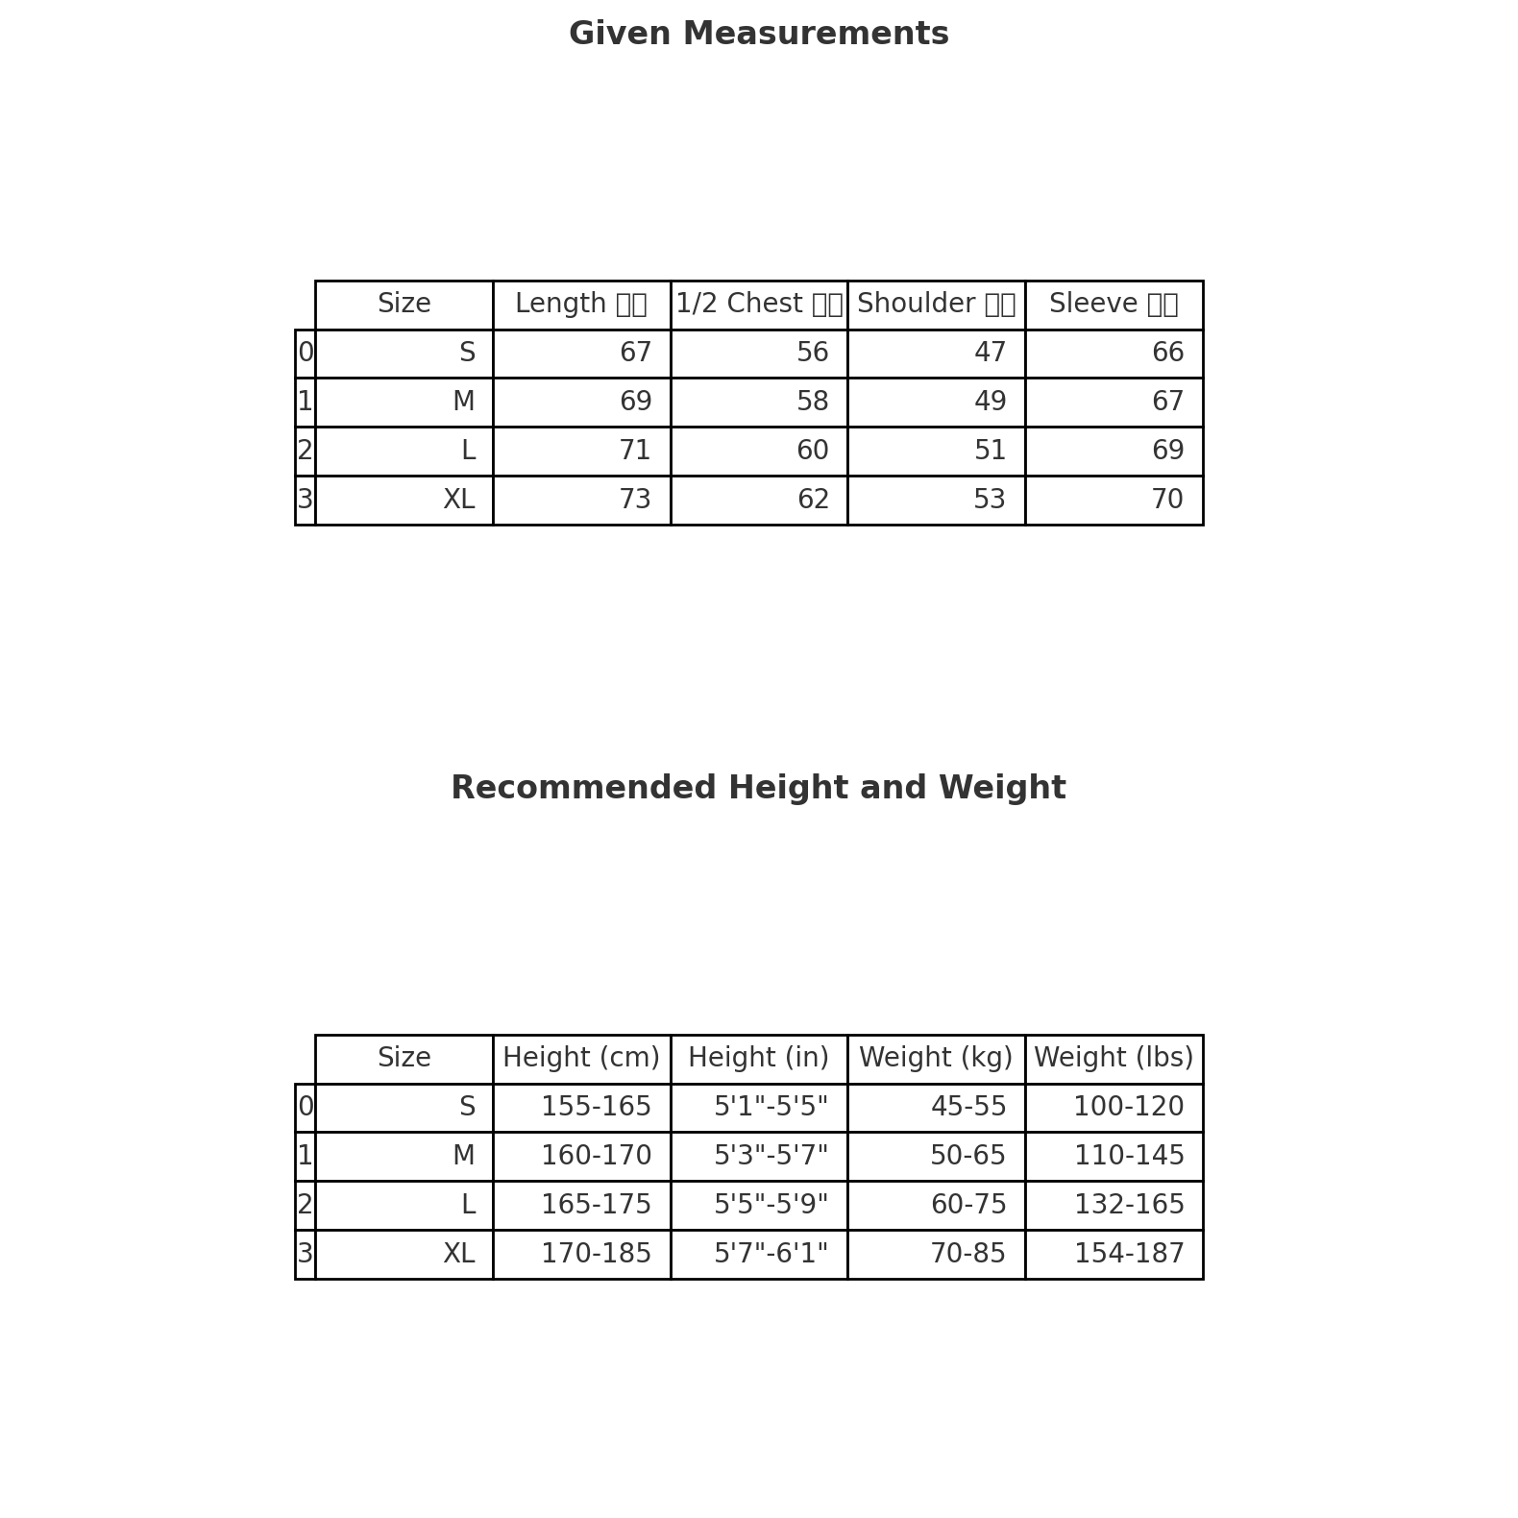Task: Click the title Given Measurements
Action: [x=758, y=35]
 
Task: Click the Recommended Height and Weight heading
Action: [x=758, y=789]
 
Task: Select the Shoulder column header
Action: [x=936, y=305]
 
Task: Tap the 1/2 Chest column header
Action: [x=758, y=305]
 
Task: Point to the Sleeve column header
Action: [x=1114, y=305]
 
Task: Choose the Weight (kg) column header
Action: [x=936, y=1059]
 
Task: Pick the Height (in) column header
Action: [x=758, y=1059]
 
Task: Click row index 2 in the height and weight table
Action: [x=305, y=1206]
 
